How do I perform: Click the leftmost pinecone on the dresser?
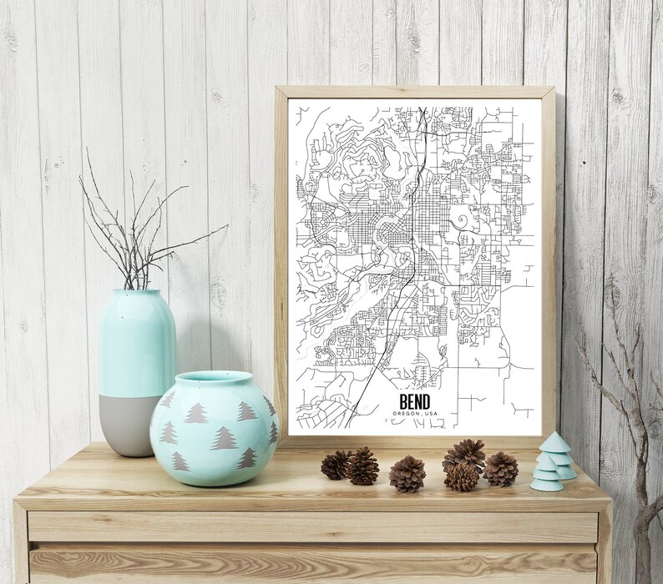(x=335, y=464)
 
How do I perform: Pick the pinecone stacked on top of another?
(x=464, y=455)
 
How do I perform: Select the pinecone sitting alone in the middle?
(x=407, y=473)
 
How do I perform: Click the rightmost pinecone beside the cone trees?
(x=500, y=468)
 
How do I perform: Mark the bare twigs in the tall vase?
(x=134, y=225)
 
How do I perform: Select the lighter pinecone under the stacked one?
(x=461, y=476)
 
